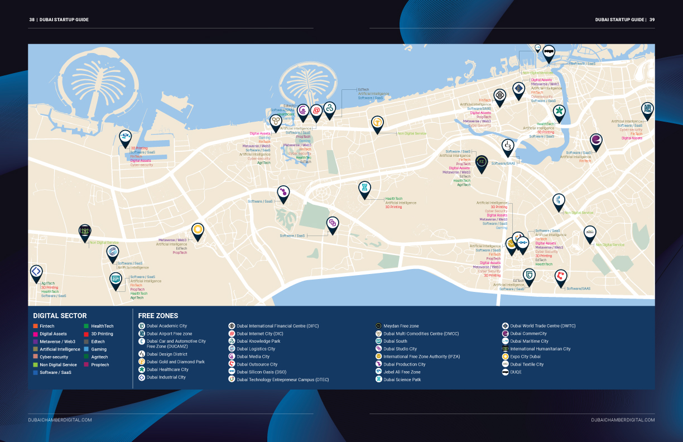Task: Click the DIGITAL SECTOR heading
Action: coord(60,316)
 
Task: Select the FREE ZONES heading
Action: coord(158,316)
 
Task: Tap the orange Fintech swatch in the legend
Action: coord(36,326)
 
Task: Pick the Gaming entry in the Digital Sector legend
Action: coord(99,349)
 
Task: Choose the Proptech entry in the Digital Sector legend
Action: coord(100,365)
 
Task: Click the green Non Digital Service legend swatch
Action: coord(36,365)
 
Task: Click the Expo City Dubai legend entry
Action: coord(525,357)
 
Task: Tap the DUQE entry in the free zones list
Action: coord(516,372)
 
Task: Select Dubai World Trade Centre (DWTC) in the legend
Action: coord(542,326)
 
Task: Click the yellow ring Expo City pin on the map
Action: coord(197,229)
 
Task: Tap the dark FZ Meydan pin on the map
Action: coord(482,162)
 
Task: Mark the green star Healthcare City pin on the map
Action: coord(559,111)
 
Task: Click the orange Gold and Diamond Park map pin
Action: coord(378,122)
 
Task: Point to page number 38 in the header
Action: coord(32,20)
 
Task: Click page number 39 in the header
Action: coord(652,20)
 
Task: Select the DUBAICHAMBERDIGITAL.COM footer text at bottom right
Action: coord(623,420)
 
